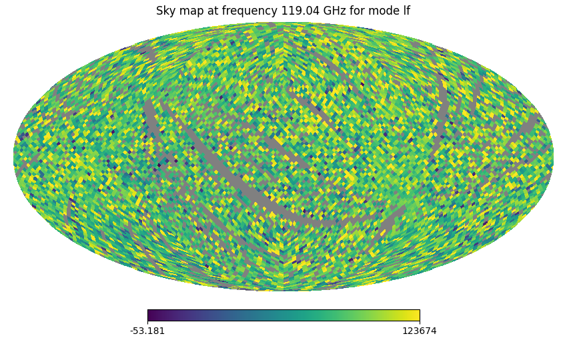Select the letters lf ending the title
404,11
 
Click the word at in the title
211,11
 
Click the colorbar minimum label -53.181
147,331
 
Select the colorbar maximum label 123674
420,331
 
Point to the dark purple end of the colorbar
150,315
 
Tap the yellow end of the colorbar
417,315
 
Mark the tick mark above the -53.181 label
147,323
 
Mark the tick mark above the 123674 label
420,323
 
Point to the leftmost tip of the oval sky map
14,157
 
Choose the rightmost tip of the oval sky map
553,157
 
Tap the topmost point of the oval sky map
283,23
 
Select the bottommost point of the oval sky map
283,291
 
